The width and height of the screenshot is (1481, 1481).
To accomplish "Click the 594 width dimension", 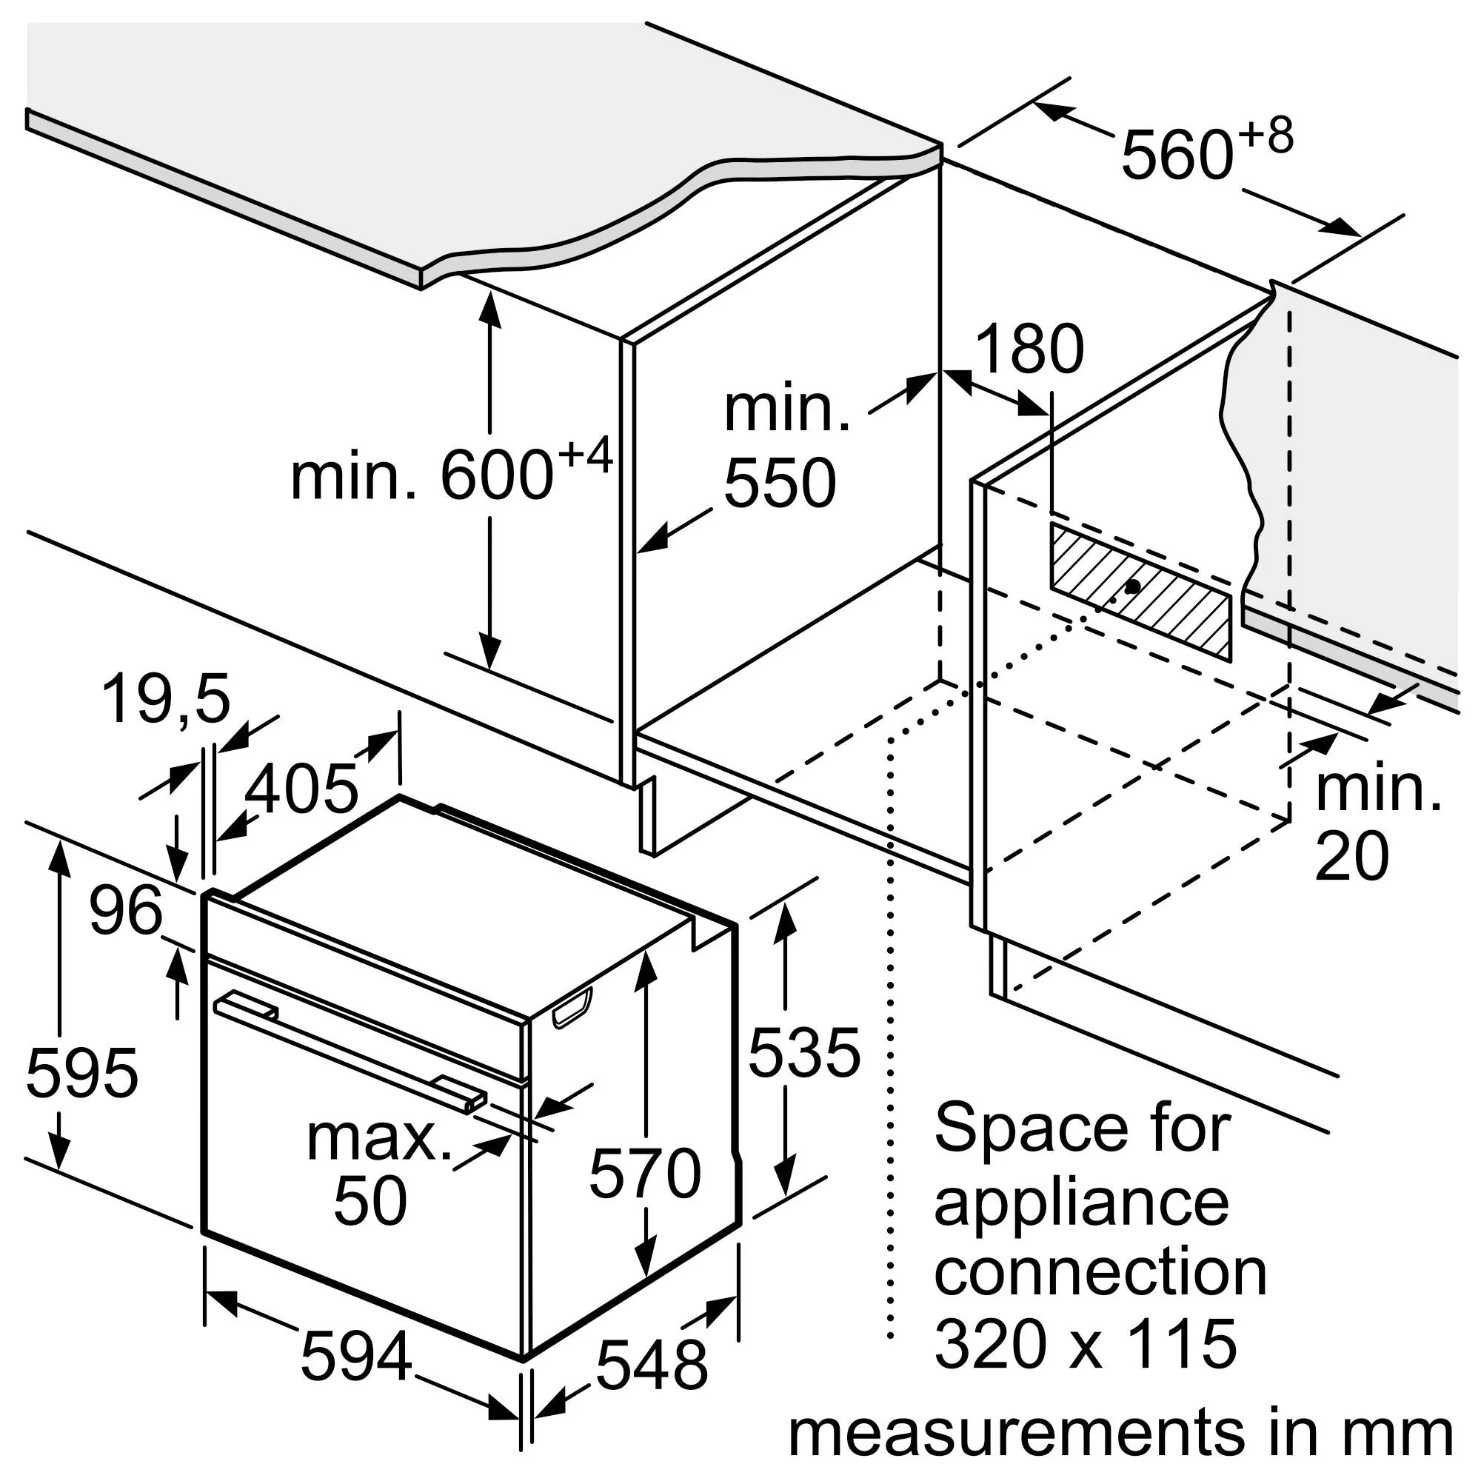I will [x=356, y=1357].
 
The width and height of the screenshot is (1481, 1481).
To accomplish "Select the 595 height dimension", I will [x=82, y=1072].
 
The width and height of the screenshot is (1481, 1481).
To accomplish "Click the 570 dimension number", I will [x=645, y=1173].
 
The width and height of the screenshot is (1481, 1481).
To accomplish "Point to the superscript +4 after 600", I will [x=585, y=455].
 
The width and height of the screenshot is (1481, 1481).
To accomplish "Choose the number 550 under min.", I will [x=780, y=483].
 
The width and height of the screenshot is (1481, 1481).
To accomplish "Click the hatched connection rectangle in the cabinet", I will [x=1140, y=590].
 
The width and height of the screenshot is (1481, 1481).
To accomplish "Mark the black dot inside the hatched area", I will [x=1131, y=586].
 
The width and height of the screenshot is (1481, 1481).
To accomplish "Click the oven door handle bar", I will [x=349, y=1048].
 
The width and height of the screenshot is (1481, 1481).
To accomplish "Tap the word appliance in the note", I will [x=1081, y=1201].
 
